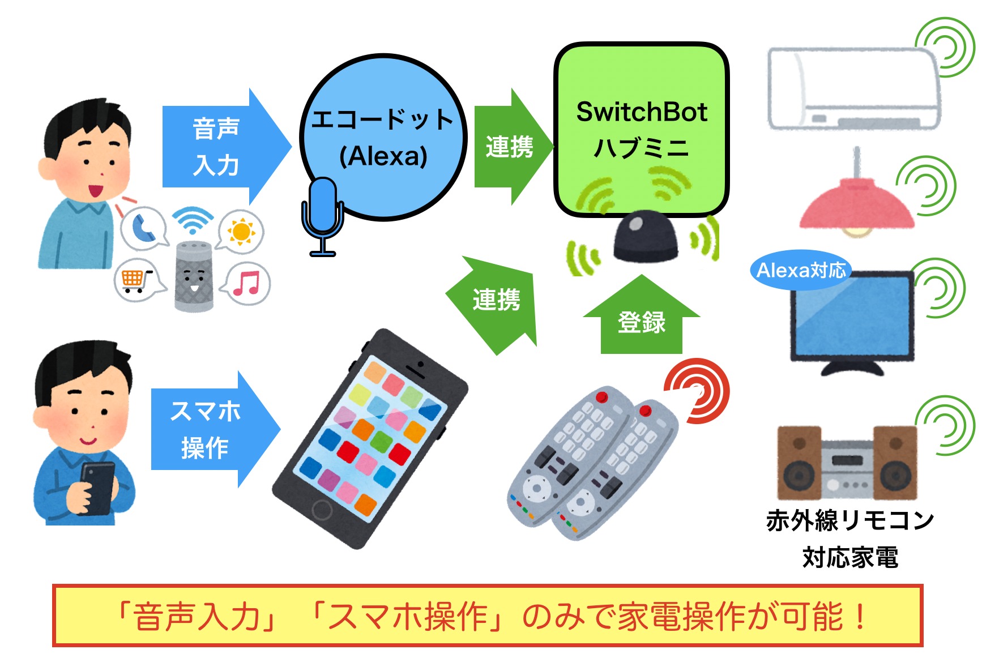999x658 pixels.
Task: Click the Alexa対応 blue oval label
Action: click(800, 270)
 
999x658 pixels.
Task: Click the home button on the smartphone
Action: click(322, 509)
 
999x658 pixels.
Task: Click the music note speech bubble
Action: click(247, 283)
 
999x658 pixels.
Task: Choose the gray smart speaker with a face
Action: click(194, 276)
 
